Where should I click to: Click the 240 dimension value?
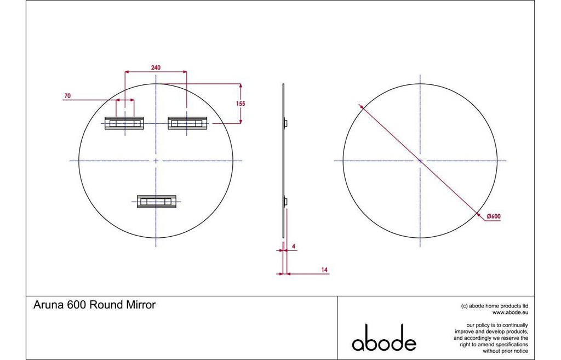click(x=156, y=67)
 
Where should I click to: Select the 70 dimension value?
click(x=67, y=95)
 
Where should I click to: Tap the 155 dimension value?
click(x=241, y=104)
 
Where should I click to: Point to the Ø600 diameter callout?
click(x=494, y=216)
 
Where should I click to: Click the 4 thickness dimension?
click(x=294, y=246)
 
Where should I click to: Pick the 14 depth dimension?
click(x=324, y=270)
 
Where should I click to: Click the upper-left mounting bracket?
click(x=124, y=123)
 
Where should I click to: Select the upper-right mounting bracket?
click(x=188, y=123)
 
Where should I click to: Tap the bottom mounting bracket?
click(x=157, y=202)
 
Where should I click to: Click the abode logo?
click(x=384, y=338)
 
